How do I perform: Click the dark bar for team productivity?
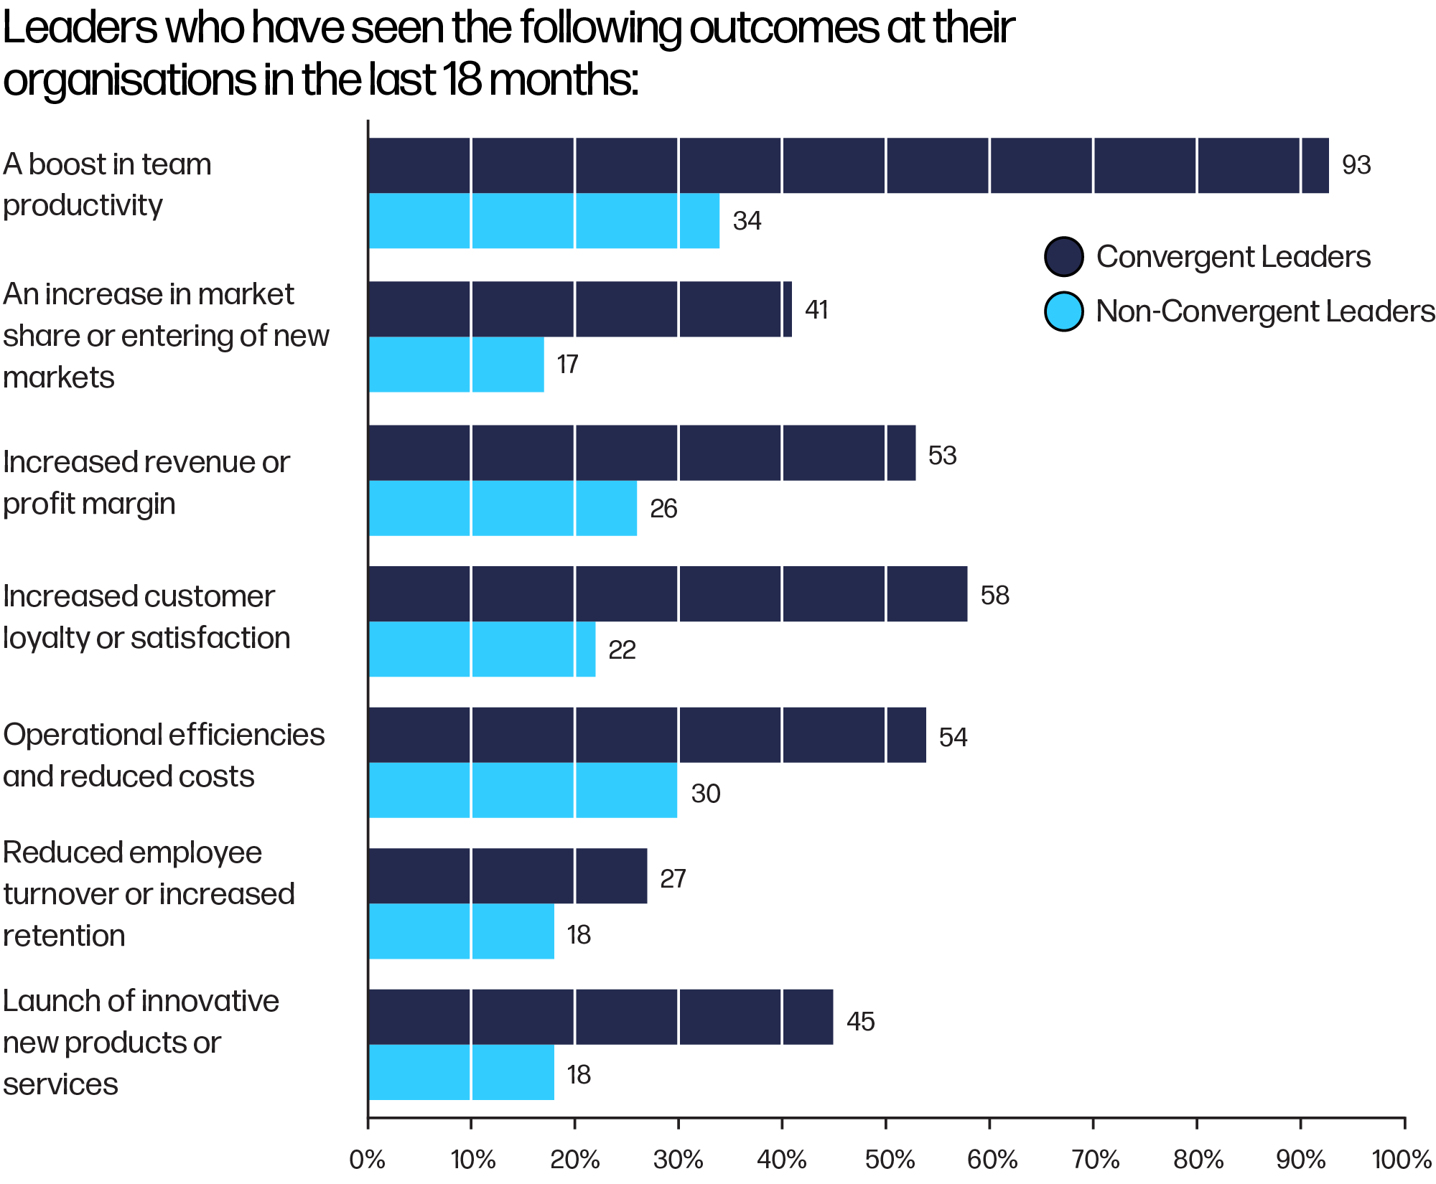pos(847,166)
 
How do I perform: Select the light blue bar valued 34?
pos(544,221)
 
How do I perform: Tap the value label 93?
pos(1356,165)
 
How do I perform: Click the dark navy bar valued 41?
pos(579,309)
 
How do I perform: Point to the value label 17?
pos(567,365)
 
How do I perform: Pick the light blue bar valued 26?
pos(503,508)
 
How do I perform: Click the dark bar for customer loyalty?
pos(667,594)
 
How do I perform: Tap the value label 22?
pos(622,650)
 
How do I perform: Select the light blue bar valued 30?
pos(523,790)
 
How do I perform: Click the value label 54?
pos(953,737)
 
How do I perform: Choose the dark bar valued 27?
pos(508,876)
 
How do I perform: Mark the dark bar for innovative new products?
pos(600,1017)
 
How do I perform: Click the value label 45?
pos(860,1021)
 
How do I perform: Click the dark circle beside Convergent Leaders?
pos(1063,257)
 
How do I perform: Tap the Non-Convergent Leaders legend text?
pos(1265,311)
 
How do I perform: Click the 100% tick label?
pos(1402,1160)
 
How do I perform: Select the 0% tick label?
pos(367,1160)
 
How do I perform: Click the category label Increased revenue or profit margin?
pos(146,482)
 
